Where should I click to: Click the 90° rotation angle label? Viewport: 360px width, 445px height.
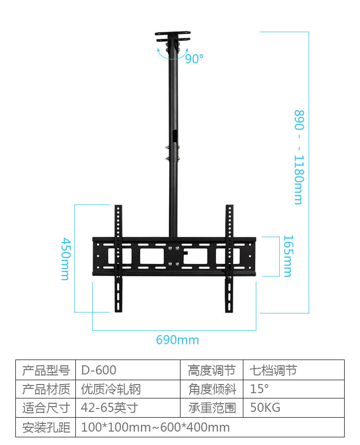pyautogui.click(x=194, y=59)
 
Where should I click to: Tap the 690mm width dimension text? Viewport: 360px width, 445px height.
pyautogui.click(x=177, y=340)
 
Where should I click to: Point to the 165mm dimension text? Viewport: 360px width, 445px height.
pyautogui.click(x=287, y=256)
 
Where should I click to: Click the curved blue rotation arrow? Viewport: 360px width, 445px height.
pyautogui.click(x=170, y=54)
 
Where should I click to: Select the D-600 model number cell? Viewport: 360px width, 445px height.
pyautogui.click(x=99, y=370)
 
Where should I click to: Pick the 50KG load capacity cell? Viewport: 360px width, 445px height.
pyautogui.click(x=265, y=408)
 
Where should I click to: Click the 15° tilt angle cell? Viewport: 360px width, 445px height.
pyautogui.click(x=260, y=389)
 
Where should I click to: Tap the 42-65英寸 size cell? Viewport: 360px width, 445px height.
pyautogui.click(x=109, y=408)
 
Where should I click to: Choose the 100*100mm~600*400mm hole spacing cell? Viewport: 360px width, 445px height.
pyautogui.click(x=156, y=427)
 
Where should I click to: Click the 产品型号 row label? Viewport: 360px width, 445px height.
pyautogui.click(x=46, y=370)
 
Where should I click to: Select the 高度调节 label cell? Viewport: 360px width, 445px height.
pyautogui.click(x=212, y=370)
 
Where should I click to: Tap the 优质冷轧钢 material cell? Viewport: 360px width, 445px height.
pyautogui.click(x=111, y=389)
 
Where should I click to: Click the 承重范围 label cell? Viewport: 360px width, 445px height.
pyautogui.click(x=212, y=408)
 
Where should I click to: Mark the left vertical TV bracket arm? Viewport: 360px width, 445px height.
pyautogui.click(x=118, y=259)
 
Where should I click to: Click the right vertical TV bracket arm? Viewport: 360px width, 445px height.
pyautogui.click(x=229, y=259)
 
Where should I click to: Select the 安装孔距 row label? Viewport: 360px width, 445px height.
pyautogui.click(x=46, y=427)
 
